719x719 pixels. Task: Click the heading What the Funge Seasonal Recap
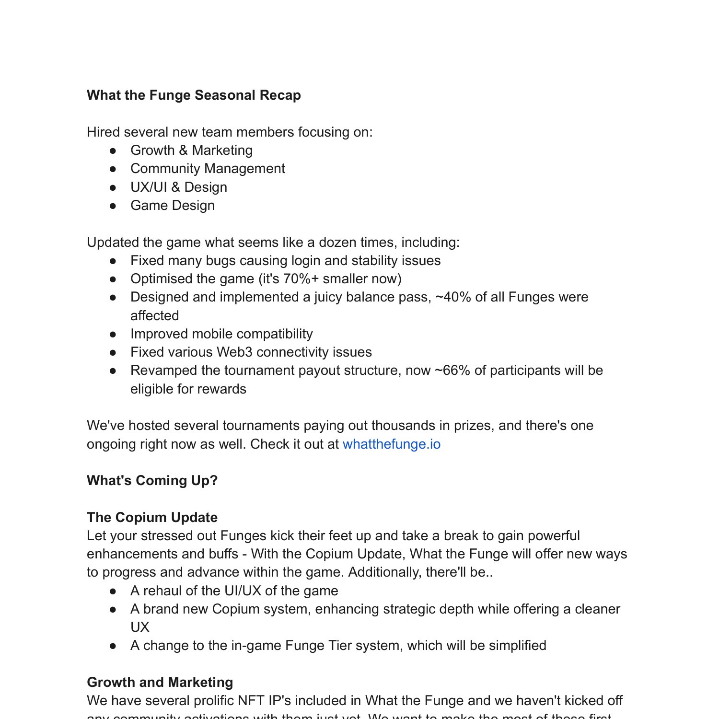click(x=194, y=95)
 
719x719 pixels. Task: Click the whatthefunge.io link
click(x=391, y=444)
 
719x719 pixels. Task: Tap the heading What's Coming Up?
click(x=152, y=480)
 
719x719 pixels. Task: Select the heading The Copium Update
click(x=152, y=517)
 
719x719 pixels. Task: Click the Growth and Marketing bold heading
click(x=160, y=682)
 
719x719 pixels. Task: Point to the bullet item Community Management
click(x=208, y=169)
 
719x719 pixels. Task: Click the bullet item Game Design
click(x=172, y=206)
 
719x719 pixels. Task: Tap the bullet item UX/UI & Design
click(x=178, y=187)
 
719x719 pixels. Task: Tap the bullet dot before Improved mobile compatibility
click(x=113, y=334)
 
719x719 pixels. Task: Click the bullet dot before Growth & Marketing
click(x=113, y=151)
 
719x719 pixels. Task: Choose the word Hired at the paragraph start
click(x=103, y=132)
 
